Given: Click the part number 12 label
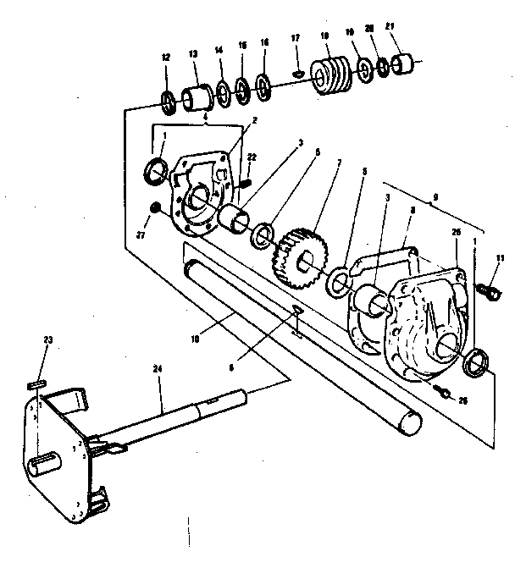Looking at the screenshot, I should tap(166, 58).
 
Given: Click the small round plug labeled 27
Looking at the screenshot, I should tap(155, 208).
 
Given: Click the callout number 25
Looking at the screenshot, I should tap(457, 233).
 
